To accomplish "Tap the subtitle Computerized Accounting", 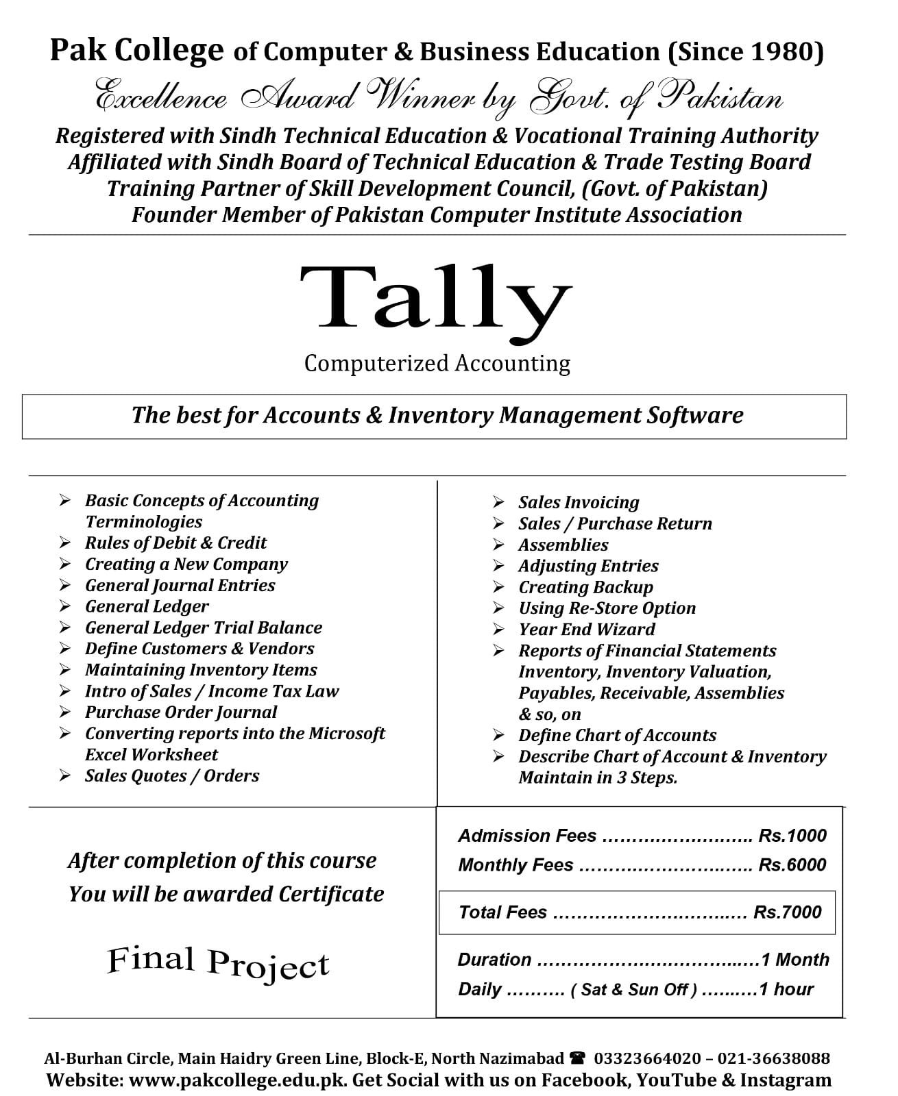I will (437, 363).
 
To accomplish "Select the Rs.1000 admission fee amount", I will (792, 836).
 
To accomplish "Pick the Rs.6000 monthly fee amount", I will (792, 864).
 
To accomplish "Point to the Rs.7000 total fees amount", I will (788, 912).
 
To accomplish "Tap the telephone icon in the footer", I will (577, 1058).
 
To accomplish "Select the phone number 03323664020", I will (647, 1058).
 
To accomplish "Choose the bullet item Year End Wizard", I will (587, 629).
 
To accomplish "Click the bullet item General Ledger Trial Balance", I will (204, 627).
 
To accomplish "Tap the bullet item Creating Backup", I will (586, 587).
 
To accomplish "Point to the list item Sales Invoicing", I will (579, 502).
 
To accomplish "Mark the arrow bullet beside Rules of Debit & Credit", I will (64, 543).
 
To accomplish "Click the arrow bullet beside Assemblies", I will (498, 545).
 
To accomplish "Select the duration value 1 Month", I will (795, 960).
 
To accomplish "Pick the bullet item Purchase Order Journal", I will (181, 712).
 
